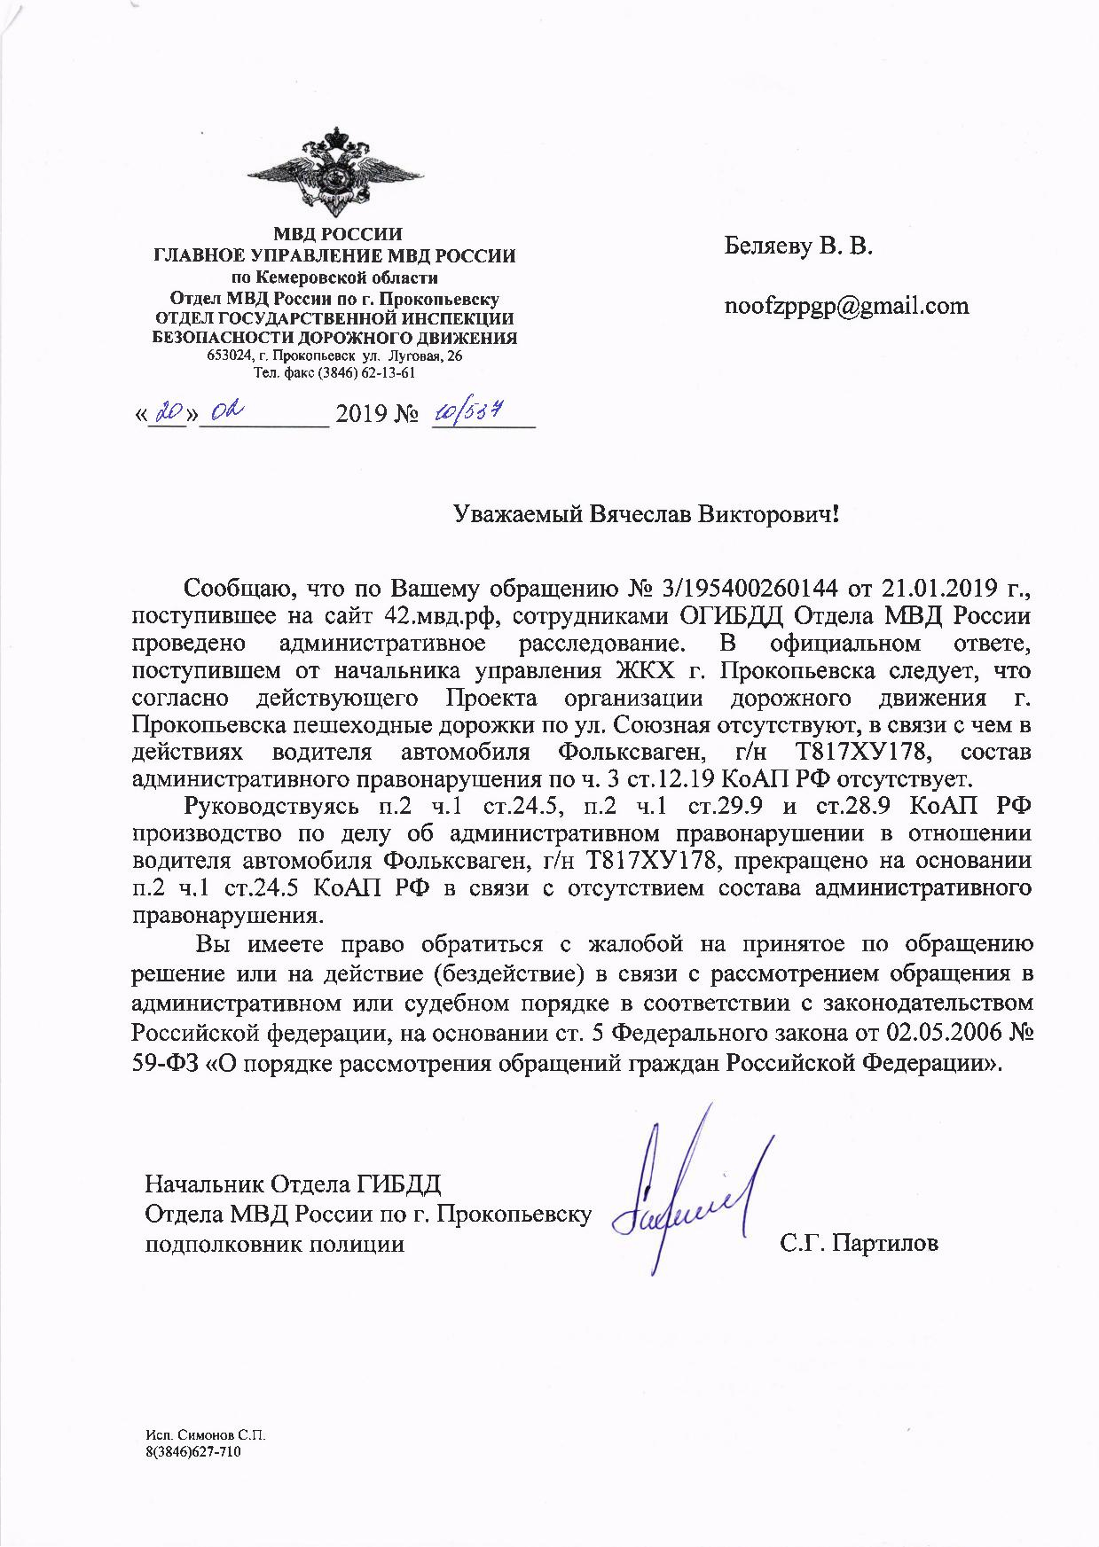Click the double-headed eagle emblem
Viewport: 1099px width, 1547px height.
point(336,175)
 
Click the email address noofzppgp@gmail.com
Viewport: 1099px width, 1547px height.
point(846,306)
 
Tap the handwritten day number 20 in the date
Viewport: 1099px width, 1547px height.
point(168,413)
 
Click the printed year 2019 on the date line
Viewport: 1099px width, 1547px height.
point(362,415)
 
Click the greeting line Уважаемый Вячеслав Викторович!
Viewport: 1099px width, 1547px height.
point(646,515)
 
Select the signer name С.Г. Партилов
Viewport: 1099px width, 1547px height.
point(859,1244)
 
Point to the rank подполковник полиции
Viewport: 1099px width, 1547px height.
point(274,1244)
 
